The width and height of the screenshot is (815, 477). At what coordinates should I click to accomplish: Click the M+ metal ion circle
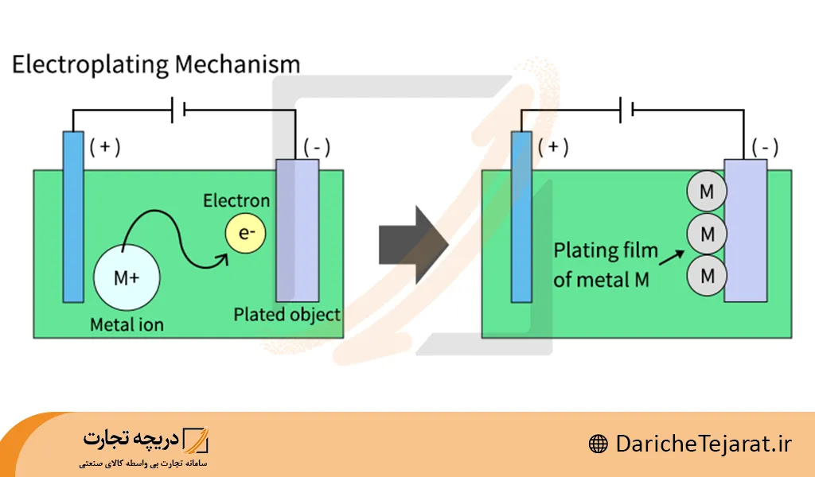coord(127,277)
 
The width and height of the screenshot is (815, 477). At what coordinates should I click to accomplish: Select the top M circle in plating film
coord(706,192)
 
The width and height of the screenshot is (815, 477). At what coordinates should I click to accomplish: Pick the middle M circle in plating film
coord(706,234)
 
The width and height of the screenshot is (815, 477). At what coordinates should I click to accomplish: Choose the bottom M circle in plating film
coord(706,275)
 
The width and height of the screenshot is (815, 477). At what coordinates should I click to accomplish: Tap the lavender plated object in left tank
coord(297,231)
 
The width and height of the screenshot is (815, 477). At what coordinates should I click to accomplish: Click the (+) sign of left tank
coord(105,146)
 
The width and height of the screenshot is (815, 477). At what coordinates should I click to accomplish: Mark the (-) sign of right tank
coord(765,147)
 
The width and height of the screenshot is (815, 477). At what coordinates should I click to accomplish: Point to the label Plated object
coord(287,314)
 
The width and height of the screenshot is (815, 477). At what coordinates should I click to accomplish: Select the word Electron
coord(236,200)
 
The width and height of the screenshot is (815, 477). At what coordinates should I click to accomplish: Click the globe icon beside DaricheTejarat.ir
coord(599,444)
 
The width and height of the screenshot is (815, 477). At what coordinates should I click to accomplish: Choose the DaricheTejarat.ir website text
coord(704,444)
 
